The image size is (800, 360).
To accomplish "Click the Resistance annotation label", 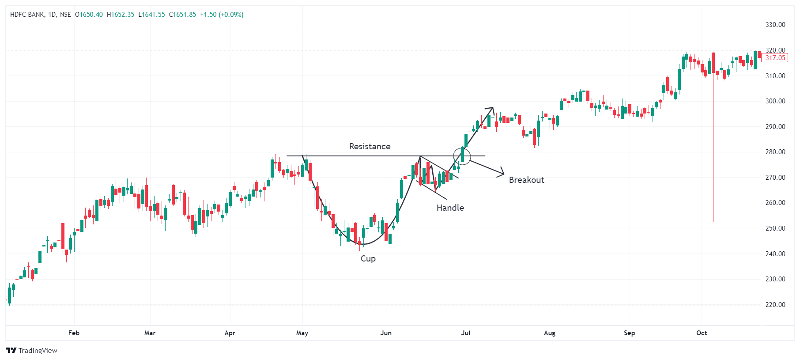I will coord(370,146).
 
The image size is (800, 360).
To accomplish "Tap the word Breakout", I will coord(526,180).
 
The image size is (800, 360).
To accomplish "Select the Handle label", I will coord(450,208).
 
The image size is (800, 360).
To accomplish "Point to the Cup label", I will coord(368,258).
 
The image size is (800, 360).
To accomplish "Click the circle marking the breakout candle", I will coord(462,155).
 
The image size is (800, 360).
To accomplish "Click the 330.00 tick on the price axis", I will coord(775,25).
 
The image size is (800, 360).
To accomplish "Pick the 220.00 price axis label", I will coord(775,305).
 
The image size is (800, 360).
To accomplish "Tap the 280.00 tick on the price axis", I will coord(775,152).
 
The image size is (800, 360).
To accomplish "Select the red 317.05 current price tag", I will coord(775,58).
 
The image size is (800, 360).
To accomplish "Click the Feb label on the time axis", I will coord(74,333).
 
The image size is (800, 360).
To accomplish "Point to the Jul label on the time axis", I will coord(466,333).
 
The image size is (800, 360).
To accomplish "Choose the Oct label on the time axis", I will coord(702,333).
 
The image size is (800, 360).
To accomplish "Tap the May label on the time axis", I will coord(302,333).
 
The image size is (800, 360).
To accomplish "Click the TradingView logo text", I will coord(38,351).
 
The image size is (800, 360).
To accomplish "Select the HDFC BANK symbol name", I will coord(27,15).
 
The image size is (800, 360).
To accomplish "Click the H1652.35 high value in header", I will coord(121,15).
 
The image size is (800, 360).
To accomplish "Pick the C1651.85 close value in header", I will coord(182,15).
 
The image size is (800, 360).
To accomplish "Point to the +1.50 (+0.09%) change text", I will coord(222,15).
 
